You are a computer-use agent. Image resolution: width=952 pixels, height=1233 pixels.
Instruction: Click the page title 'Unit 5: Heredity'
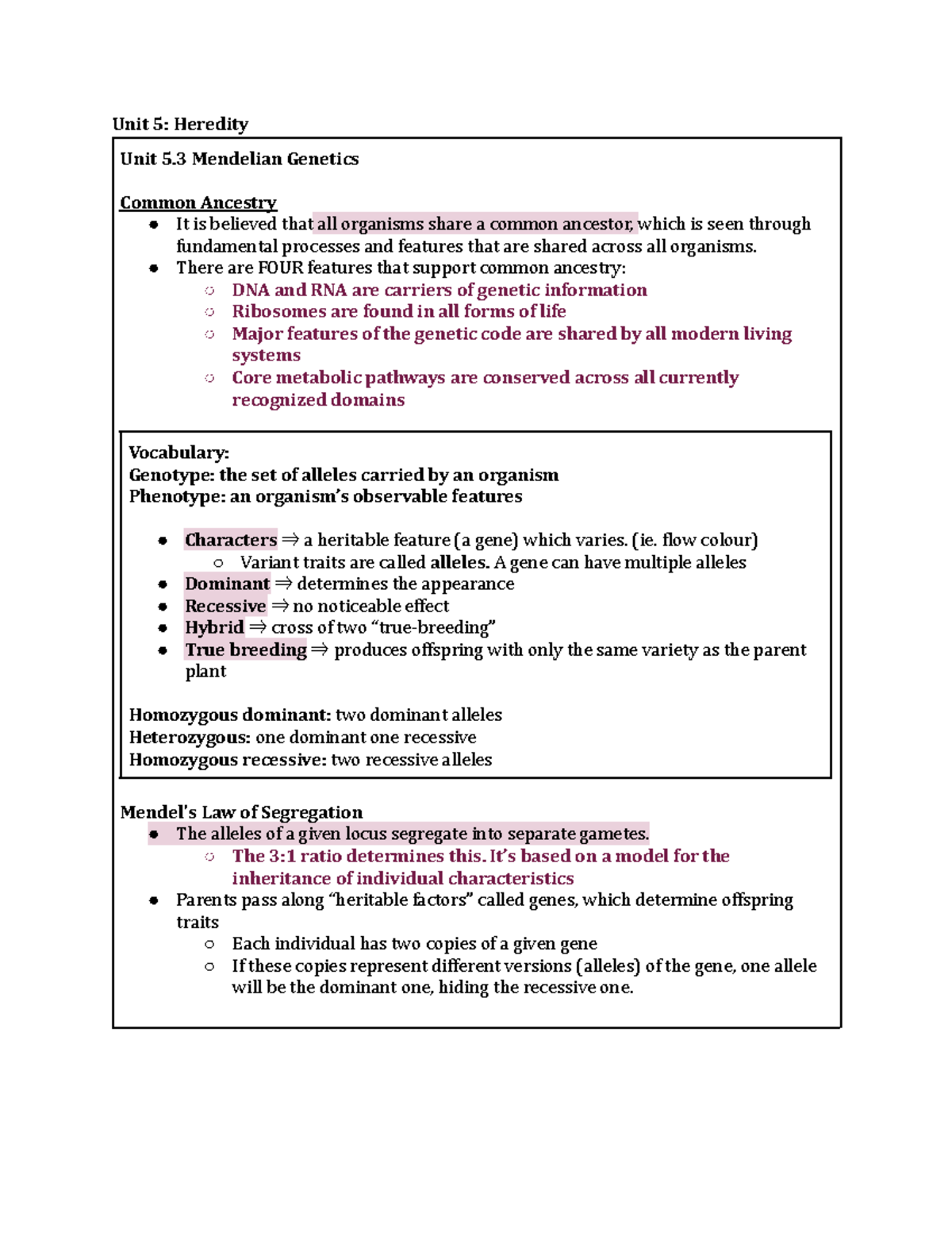(x=180, y=124)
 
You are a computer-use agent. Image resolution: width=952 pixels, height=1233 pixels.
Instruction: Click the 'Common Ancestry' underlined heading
(x=198, y=202)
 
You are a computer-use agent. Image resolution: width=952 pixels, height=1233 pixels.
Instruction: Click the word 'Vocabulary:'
(x=178, y=453)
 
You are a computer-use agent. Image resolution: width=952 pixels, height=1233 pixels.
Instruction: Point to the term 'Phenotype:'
(x=176, y=496)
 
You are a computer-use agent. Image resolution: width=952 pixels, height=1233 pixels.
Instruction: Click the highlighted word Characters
(x=231, y=540)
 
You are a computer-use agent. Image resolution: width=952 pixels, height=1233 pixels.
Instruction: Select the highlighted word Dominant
(x=227, y=584)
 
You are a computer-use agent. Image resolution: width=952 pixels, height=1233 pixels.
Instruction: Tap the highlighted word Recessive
(x=225, y=606)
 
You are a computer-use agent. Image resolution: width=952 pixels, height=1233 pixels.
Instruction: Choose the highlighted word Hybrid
(x=214, y=627)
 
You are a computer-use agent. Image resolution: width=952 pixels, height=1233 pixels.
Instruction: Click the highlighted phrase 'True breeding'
(x=246, y=649)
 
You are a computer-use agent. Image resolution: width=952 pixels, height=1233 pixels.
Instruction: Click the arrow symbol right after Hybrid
(x=257, y=627)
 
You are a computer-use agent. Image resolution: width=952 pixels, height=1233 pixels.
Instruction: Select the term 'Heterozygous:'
(x=190, y=738)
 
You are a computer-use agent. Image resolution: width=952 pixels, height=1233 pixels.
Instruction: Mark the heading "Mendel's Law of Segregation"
(x=241, y=812)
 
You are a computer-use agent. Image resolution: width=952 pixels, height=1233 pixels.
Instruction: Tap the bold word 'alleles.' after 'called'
(x=459, y=562)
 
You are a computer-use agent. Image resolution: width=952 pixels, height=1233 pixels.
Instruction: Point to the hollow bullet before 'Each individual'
(x=209, y=944)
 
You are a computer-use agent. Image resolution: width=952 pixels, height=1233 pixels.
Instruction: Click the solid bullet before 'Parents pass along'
(x=154, y=900)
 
